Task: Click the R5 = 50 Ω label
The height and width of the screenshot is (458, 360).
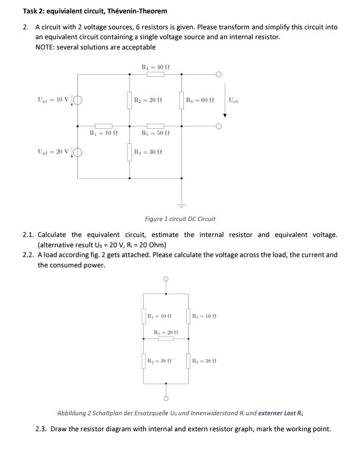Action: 155,133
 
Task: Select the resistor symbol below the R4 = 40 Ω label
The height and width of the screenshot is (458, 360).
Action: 156,75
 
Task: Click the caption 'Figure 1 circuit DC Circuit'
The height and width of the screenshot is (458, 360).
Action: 180,219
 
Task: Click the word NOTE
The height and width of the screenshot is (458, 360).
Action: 45,47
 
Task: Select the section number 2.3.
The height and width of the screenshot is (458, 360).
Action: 41,429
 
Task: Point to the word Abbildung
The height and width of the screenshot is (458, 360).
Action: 72,413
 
